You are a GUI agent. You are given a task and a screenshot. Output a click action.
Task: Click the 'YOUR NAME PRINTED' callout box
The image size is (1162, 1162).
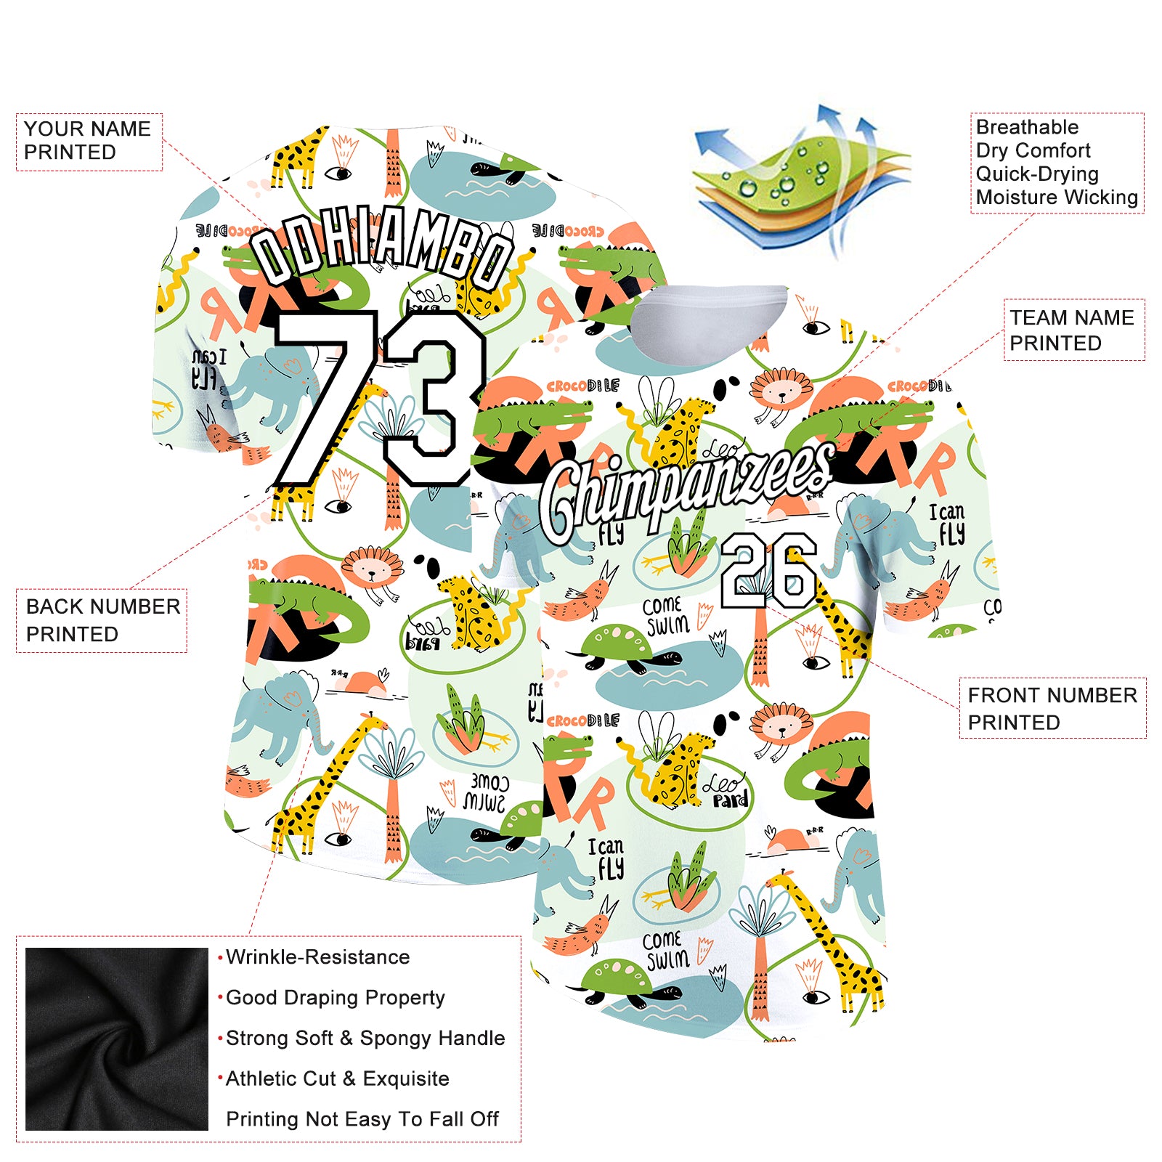click(x=89, y=141)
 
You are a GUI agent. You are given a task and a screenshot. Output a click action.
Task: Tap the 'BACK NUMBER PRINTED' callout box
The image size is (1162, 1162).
click(x=102, y=619)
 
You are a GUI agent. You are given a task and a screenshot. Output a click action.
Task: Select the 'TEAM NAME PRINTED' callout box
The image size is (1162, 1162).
click(x=1073, y=330)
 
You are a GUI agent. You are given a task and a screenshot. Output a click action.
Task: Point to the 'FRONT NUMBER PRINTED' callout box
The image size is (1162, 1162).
click(x=1052, y=708)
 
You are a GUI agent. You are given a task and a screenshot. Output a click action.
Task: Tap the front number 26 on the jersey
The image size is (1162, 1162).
click(x=768, y=571)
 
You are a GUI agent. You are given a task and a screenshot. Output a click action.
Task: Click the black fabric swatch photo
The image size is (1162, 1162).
click(x=117, y=1039)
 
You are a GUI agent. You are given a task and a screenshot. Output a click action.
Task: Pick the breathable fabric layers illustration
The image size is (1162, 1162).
click(x=799, y=182)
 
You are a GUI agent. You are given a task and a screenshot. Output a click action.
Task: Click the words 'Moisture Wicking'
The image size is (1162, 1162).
click(x=1057, y=197)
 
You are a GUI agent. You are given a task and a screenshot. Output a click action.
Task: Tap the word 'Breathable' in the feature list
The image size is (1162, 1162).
click(x=1027, y=127)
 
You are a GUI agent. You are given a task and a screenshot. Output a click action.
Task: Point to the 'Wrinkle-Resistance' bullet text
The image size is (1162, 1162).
click(x=317, y=957)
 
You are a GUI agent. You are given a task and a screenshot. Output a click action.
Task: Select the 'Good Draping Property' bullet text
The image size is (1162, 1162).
click(x=335, y=998)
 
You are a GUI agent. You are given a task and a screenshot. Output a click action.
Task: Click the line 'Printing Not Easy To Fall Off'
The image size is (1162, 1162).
click(x=362, y=1119)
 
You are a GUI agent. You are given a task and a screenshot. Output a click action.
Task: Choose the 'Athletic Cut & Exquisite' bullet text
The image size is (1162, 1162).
click(x=337, y=1078)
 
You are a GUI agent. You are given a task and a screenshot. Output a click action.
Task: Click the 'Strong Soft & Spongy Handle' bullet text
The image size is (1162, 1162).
click(x=365, y=1039)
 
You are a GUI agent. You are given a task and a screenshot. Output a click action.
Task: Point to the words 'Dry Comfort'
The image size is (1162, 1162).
click(x=1033, y=150)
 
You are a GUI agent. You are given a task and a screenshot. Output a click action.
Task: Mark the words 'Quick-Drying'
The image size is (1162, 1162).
click(x=1037, y=174)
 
